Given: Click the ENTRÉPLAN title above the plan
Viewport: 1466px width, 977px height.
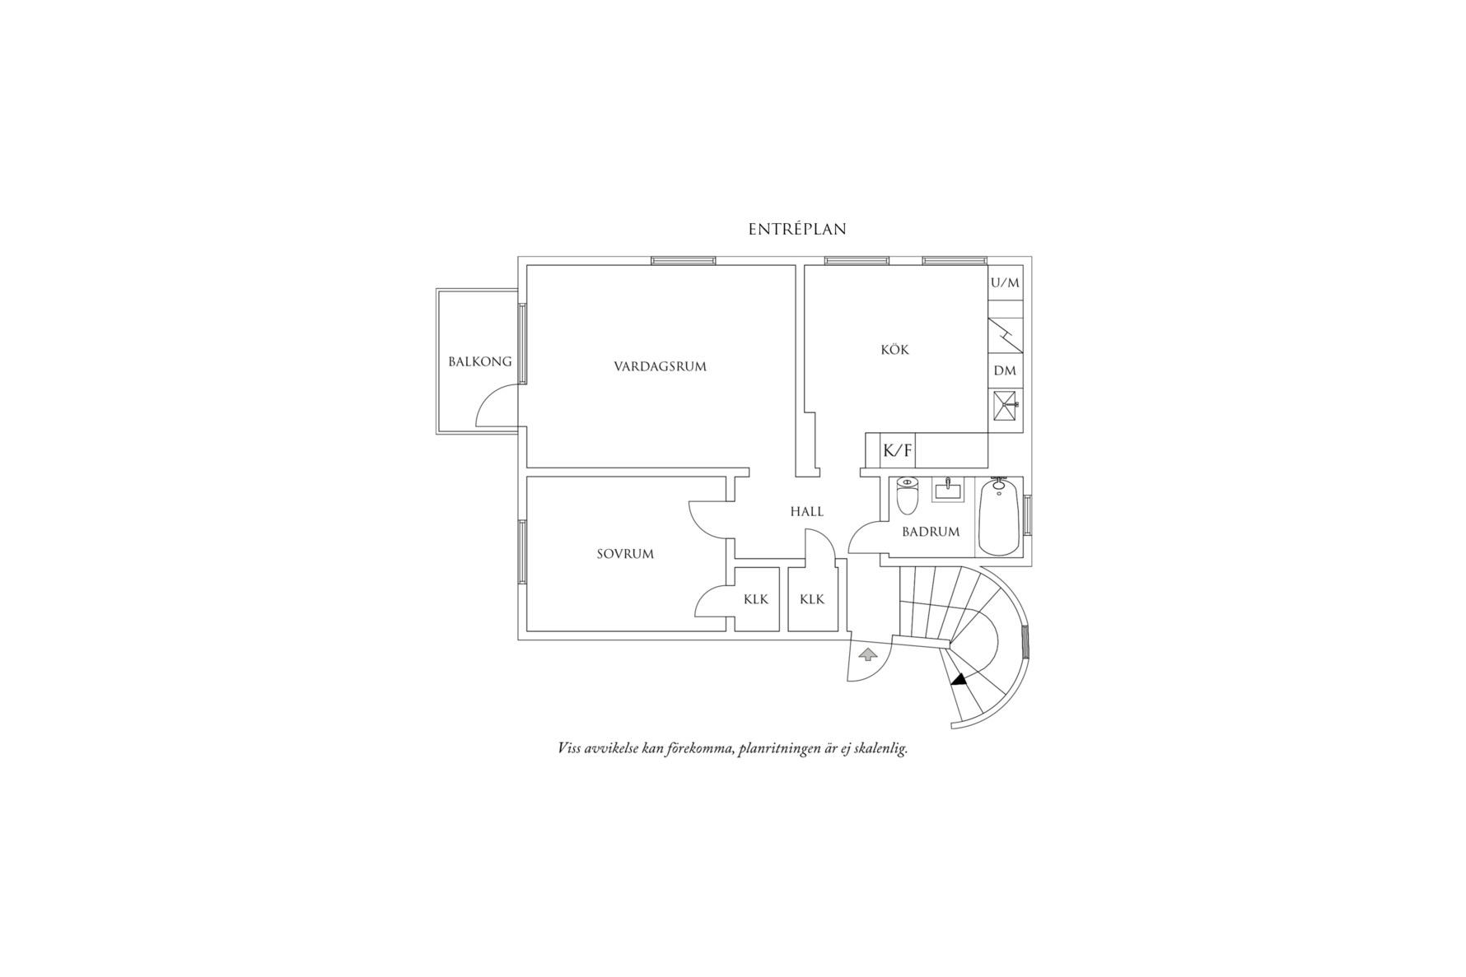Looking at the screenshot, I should click(x=796, y=230).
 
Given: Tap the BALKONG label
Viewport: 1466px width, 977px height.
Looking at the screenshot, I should click(x=479, y=361).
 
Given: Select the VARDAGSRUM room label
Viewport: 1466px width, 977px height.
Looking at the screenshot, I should click(x=660, y=366).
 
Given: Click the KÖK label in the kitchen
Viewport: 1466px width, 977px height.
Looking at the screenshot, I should click(x=894, y=350).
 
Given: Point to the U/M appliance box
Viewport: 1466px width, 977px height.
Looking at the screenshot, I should click(x=1005, y=283).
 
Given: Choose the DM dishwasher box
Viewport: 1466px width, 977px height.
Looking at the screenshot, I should click(x=1005, y=371).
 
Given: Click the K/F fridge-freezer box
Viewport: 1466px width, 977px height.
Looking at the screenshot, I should click(x=898, y=450).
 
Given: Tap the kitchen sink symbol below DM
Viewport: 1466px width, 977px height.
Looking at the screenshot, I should click(x=1006, y=404).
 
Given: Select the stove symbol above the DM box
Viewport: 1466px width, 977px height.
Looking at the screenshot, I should click(x=1005, y=335).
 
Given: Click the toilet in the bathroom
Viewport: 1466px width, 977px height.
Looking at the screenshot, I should click(x=907, y=495).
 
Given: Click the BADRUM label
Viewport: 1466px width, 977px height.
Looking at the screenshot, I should click(x=931, y=532).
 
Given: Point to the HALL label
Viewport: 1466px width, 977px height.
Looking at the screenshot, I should click(x=806, y=511).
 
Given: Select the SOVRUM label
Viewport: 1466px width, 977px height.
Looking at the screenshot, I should click(x=625, y=554).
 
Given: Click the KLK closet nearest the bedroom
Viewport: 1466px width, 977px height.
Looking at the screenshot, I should click(x=755, y=599).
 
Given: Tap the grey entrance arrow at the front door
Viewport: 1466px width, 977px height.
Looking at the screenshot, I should click(x=866, y=655).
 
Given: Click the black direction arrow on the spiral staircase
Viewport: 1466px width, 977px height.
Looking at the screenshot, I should click(x=958, y=679).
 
